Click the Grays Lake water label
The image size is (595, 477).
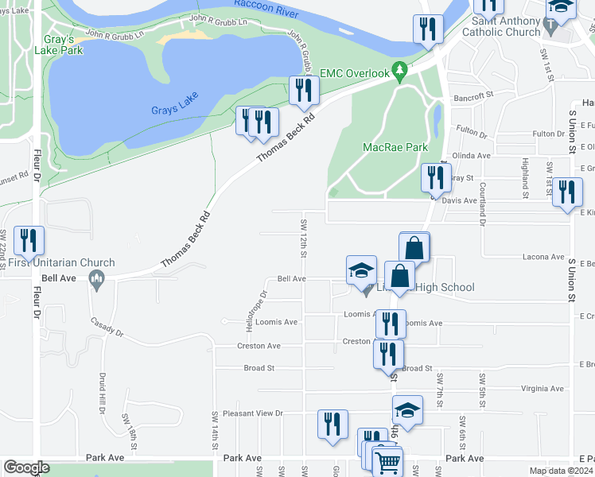pos(172,110)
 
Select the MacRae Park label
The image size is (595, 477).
pos(395,147)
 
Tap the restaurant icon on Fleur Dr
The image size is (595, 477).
pos(29,242)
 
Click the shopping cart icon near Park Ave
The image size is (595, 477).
pos(387,461)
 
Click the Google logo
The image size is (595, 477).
pos(26,467)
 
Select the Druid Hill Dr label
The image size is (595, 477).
pos(103,395)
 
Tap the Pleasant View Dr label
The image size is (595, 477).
pos(253,413)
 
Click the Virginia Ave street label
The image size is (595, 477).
pos(542,390)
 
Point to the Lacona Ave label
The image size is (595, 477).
pos(543,257)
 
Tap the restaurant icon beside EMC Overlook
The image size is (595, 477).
pos(303,91)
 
